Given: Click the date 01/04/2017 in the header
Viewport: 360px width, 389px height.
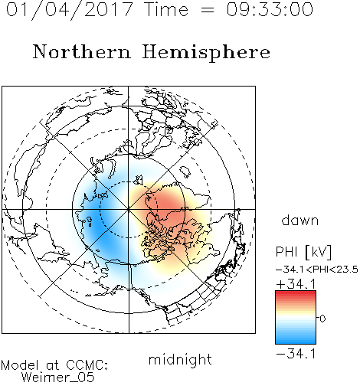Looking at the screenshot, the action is click(x=70, y=10).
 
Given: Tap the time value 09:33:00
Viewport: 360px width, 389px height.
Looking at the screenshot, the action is click(x=270, y=10).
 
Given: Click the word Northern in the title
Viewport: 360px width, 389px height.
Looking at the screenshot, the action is click(x=82, y=51).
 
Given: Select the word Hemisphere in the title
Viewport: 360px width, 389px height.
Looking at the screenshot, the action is click(x=206, y=53).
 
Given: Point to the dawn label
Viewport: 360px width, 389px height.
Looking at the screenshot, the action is click(x=300, y=221).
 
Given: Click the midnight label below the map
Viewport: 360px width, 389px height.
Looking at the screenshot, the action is click(x=180, y=361).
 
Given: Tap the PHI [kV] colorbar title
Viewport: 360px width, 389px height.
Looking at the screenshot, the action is click(x=303, y=252).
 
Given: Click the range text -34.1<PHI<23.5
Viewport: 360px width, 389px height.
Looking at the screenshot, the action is click(x=317, y=270).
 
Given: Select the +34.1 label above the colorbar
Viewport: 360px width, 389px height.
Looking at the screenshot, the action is click(x=296, y=284).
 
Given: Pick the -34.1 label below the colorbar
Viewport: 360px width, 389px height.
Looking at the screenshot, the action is click(x=296, y=354).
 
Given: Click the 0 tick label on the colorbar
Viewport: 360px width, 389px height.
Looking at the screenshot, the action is click(x=322, y=319).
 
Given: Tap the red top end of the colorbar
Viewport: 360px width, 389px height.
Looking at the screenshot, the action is click(x=296, y=293).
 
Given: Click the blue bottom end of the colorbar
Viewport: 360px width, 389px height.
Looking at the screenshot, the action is click(x=296, y=342).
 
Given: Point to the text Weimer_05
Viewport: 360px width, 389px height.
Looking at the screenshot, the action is click(x=58, y=378).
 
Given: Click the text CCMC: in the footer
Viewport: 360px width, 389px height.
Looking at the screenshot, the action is click(x=87, y=365).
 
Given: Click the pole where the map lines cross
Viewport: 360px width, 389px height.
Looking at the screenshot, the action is click(x=129, y=210).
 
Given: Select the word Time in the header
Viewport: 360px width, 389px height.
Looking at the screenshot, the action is click(x=166, y=10).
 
